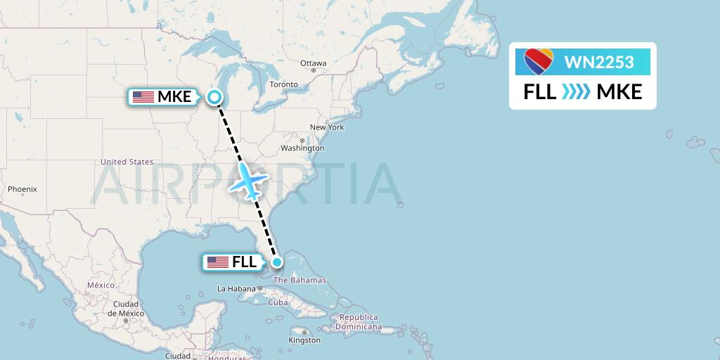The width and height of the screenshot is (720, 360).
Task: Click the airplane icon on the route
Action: (x=247, y=180)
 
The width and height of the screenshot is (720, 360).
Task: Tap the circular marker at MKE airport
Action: (x=214, y=98)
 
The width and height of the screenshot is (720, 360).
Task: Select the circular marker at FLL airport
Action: (x=277, y=262)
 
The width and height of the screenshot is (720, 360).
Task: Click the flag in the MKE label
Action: (x=143, y=97)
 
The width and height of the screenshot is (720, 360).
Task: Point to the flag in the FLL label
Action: (x=218, y=262)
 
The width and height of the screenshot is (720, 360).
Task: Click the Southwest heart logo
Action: (x=539, y=62)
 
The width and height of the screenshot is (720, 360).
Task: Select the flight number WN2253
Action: (x=599, y=63)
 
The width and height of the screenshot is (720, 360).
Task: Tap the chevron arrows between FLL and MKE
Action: (x=576, y=92)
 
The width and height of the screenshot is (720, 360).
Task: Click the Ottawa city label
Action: (x=313, y=63)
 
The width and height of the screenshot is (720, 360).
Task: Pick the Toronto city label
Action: (x=284, y=84)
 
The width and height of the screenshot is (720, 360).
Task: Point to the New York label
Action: (x=326, y=127)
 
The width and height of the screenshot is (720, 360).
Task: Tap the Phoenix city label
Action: (x=22, y=189)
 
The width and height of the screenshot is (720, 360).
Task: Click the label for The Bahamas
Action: (x=300, y=280)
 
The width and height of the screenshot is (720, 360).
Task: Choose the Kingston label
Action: (x=304, y=340)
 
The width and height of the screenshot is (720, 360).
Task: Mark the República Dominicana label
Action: (x=358, y=322)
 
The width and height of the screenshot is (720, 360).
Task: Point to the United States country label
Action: (x=127, y=162)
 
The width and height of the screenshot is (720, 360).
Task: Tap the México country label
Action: (x=101, y=285)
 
